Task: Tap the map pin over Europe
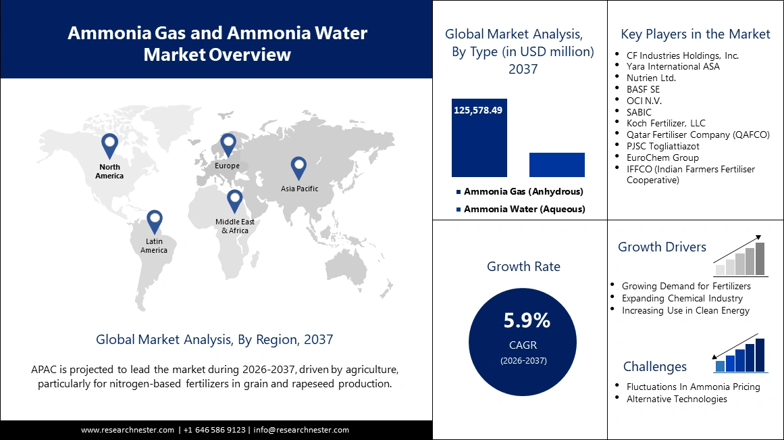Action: pos(228,143)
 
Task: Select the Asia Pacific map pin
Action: pos(298,168)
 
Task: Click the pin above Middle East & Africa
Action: pos(234,201)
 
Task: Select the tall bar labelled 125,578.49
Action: pos(479,138)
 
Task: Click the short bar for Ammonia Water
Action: pos(556,165)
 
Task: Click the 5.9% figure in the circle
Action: pos(527,320)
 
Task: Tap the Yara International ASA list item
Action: pos(673,66)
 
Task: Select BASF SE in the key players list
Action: pos(643,89)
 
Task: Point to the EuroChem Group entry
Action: pos(662,157)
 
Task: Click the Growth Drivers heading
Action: pos(662,247)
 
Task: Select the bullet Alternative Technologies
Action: pos(677,399)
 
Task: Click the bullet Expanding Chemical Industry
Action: pos(682,298)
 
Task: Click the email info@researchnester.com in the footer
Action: pos(301,430)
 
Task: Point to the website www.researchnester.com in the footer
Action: pos(128,430)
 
